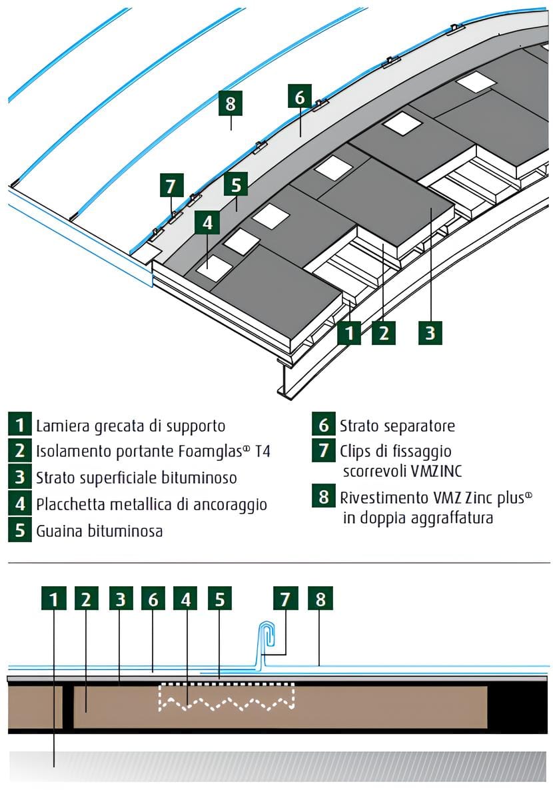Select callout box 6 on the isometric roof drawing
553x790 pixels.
point(299,97)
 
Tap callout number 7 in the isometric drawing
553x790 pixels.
point(171,185)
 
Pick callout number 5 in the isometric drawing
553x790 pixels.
point(236,185)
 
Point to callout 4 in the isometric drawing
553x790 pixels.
point(207,222)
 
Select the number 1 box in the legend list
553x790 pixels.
point(21,424)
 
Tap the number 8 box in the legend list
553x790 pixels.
point(323,498)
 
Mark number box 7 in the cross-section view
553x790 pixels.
point(285,599)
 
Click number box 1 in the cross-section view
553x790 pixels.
point(54,599)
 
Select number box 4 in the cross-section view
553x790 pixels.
point(185,599)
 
